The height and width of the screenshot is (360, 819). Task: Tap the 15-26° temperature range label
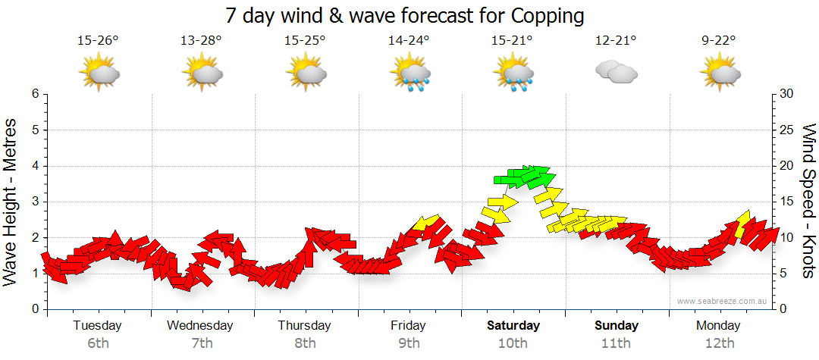pos(99,41)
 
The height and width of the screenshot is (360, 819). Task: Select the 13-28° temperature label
pos(202,41)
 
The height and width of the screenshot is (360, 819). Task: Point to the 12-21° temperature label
pos(616,41)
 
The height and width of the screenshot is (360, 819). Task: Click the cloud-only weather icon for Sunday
pos(616,73)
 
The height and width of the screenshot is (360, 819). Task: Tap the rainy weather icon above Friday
pos(409,74)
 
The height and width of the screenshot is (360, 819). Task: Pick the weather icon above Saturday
pos(513,74)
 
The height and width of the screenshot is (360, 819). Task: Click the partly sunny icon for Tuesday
pos(99,74)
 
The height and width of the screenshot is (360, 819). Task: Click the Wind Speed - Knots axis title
pos(808,201)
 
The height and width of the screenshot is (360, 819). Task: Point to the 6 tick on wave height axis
pos(34,94)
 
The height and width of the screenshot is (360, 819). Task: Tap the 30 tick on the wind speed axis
pos(787,94)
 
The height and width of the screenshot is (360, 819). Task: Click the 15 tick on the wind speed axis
pos(787,202)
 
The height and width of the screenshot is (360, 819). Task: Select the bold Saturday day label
pos(513,326)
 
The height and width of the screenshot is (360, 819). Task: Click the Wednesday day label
pos(200,326)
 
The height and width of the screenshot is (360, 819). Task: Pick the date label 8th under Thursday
pos(305,343)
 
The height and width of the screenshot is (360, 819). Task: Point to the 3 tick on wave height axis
pos(34,202)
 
